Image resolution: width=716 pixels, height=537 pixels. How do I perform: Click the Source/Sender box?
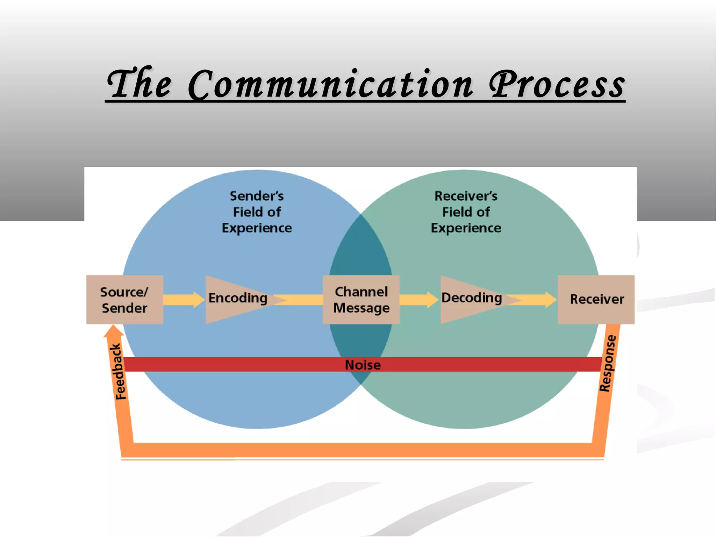tap(124, 300)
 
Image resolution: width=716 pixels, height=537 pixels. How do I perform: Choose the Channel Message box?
tap(361, 300)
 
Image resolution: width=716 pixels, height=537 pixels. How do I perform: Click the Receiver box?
tap(596, 300)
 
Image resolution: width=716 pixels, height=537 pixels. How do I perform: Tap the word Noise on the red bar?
tap(363, 365)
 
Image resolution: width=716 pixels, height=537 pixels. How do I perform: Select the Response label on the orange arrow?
tap(608, 364)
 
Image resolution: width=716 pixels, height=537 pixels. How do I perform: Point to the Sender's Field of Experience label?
tap(257, 212)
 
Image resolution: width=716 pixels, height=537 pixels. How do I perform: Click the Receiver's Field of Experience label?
tap(466, 212)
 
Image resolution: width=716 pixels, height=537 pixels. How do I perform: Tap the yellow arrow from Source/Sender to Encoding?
tap(184, 300)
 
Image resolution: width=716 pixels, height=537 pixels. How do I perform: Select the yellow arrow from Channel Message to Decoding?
tap(419, 300)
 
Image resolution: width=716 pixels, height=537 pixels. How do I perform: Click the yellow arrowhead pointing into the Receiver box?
tap(550, 300)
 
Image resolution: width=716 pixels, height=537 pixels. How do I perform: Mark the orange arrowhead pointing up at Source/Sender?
tap(113, 331)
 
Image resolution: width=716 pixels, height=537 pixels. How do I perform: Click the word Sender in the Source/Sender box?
tap(124, 308)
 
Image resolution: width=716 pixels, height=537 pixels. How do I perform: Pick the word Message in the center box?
tap(361, 308)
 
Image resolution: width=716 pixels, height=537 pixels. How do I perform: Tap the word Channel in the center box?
tap(361, 292)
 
